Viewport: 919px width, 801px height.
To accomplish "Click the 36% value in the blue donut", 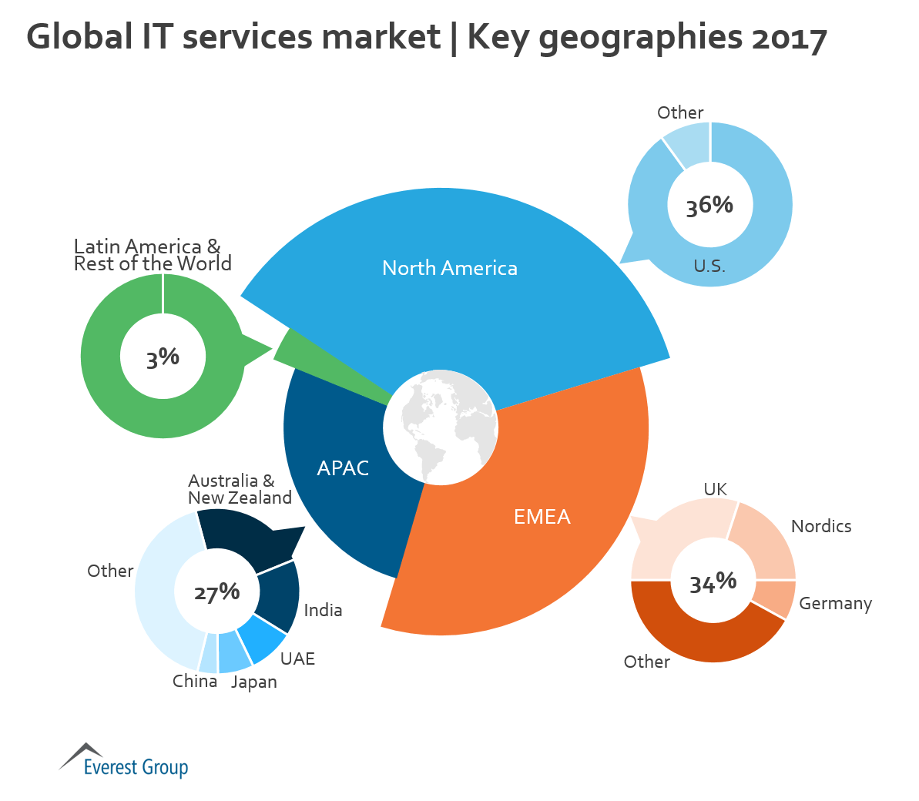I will tap(709, 206).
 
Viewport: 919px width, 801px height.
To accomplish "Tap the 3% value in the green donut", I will tap(163, 358).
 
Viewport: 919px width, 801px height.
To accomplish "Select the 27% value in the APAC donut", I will tap(216, 592).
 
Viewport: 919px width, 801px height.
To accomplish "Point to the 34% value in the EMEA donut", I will tap(713, 582).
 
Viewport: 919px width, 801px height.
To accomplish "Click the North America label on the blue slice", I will tap(450, 268).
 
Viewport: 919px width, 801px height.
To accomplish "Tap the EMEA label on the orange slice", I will tap(542, 516).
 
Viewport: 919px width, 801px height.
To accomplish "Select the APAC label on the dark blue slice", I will tap(343, 468).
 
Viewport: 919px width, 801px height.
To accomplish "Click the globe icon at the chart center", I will tap(441, 427).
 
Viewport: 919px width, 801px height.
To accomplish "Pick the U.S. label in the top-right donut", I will tap(709, 266).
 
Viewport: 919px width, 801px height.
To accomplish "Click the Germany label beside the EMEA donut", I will tap(835, 604).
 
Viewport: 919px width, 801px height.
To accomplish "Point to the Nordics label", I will tap(821, 526).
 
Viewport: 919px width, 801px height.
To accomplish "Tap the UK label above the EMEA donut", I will tap(715, 489).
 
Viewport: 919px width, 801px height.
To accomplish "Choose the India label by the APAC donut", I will tap(323, 610).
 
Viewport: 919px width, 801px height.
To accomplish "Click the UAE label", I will tap(297, 659).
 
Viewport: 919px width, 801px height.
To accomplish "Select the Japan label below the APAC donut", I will tap(253, 682).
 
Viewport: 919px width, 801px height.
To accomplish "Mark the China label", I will tap(194, 681).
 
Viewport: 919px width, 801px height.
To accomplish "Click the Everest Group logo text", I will tap(136, 767).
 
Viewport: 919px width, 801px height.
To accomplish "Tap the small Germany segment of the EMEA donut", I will tap(773, 598).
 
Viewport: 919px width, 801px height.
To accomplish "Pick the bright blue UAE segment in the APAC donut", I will tap(261, 638).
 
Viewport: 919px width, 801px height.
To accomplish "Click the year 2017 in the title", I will tap(789, 37).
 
